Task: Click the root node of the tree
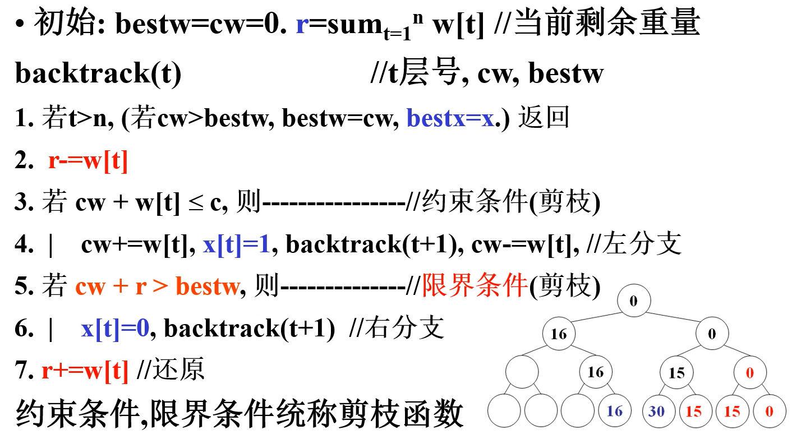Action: [634, 301]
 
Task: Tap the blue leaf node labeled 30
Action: [656, 412]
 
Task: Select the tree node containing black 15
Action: [676, 373]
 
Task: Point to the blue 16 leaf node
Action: [615, 412]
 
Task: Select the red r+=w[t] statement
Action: [85, 370]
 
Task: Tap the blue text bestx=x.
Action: [452, 119]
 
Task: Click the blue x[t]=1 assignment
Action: [237, 245]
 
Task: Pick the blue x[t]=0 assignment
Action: [115, 329]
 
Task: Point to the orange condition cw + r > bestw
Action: [157, 286]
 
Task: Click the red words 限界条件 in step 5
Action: [475, 286]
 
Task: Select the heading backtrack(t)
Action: [98, 73]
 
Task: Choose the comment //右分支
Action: [397, 329]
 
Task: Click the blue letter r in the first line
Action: [302, 26]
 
